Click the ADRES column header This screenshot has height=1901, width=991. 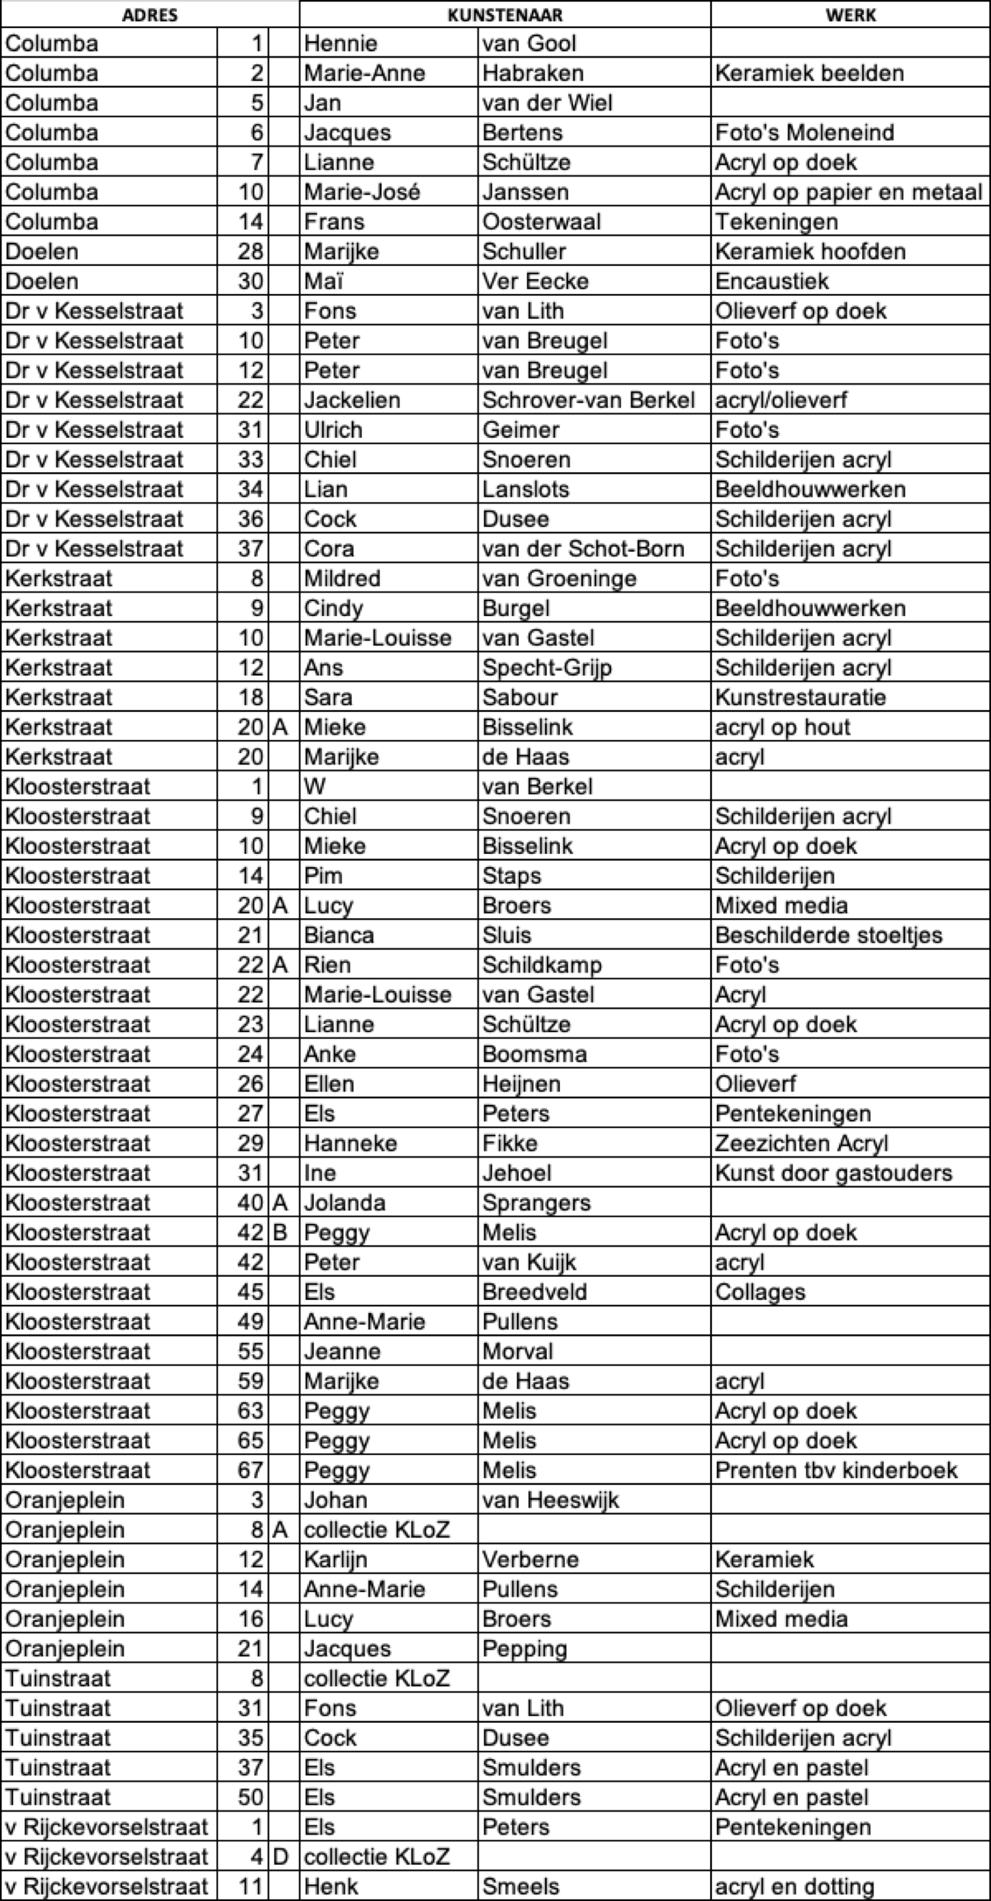click(x=150, y=15)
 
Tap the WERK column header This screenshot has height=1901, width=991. click(x=850, y=15)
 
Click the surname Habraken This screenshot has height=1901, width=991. click(x=533, y=73)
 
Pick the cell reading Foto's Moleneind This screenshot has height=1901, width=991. click(x=805, y=133)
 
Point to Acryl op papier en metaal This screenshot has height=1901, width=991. click(x=848, y=192)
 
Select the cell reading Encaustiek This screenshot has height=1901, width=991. click(x=772, y=281)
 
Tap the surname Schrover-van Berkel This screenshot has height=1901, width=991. click(x=588, y=400)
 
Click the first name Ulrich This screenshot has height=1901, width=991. click(x=334, y=430)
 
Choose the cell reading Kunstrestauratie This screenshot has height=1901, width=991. click(x=800, y=698)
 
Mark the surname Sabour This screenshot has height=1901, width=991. click(x=519, y=698)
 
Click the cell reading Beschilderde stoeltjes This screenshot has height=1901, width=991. click(x=829, y=935)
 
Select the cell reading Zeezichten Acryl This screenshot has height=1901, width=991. click(x=801, y=1143)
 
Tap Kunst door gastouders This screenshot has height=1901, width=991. click(x=834, y=1173)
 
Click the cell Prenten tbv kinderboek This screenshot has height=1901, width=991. click(x=836, y=1470)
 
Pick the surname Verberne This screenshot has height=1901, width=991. click(x=530, y=1558)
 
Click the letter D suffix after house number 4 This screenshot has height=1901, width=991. click(x=280, y=1856)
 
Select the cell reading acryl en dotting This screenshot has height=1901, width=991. click(x=795, y=1885)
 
